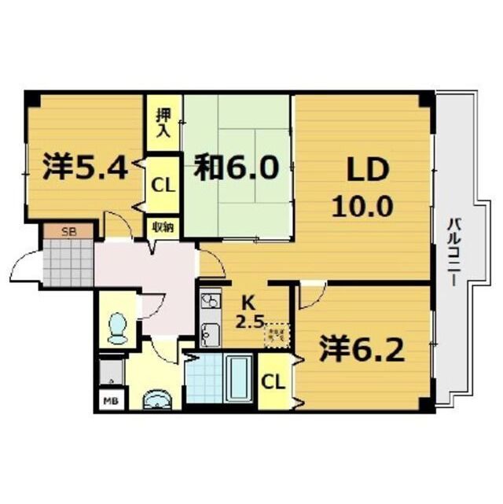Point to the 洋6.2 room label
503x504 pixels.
coord(362,348)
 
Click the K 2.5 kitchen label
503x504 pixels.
coord(248,310)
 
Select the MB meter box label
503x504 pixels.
coord(109,399)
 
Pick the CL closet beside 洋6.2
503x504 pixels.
coord(273,382)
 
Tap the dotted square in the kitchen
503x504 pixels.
coord(276,336)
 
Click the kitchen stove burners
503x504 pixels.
coord(210,301)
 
